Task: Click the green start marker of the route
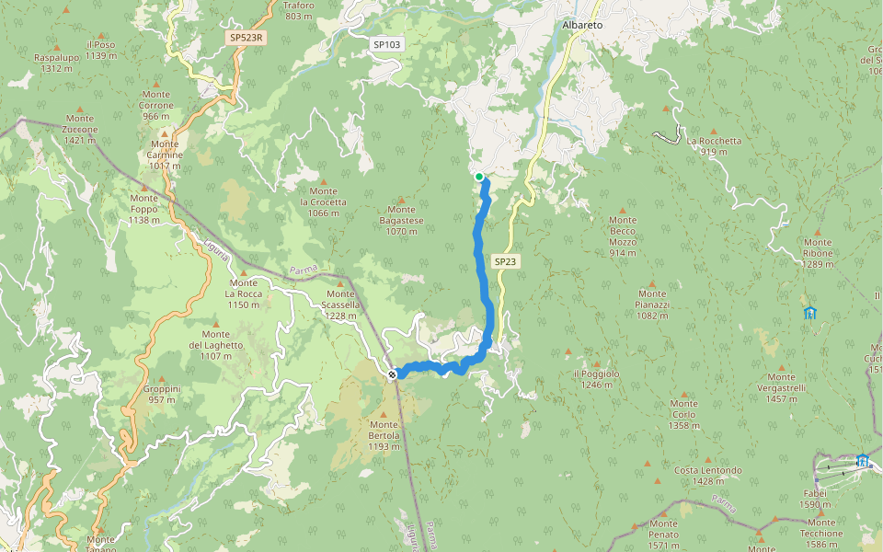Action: [479, 177]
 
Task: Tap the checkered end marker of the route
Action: [393, 374]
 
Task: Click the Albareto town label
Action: [582, 25]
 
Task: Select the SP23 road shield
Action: [506, 261]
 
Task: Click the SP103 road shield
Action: [386, 44]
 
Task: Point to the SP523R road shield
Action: [246, 38]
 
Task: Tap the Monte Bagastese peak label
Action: [401, 226]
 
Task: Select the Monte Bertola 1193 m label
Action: [384, 441]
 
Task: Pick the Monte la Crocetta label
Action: [324, 207]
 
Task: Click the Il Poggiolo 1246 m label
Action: [596, 379]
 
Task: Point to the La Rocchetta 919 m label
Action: [714, 146]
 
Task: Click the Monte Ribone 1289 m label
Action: [818, 259]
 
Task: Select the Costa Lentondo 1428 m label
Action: [708, 476]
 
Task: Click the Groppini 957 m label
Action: [162, 394]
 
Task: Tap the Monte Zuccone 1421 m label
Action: [80, 129]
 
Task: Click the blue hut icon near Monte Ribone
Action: [809, 313]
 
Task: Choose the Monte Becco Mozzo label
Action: [623, 236]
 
